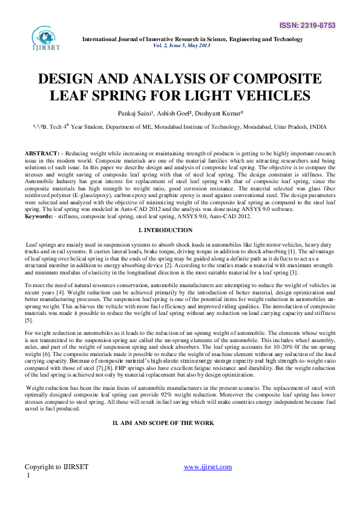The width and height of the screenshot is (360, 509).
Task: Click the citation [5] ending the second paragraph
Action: click(29, 320)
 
